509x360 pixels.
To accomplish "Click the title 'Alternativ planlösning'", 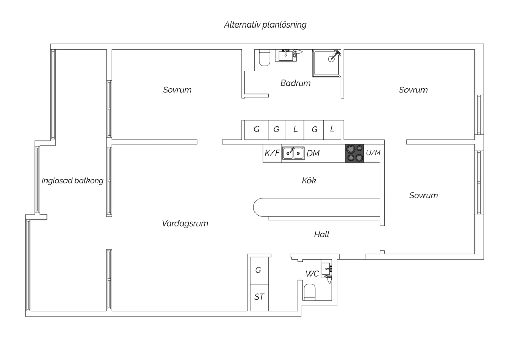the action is tap(265, 25).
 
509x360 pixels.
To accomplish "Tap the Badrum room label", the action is tap(296, 83).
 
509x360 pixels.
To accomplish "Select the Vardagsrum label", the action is tap(185, 223).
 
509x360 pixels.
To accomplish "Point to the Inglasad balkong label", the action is tap(73, 181).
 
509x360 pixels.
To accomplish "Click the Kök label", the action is tap(309, 181).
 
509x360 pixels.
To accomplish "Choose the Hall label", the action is tap(322, 234).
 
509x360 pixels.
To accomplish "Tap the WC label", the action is tap(312, 274).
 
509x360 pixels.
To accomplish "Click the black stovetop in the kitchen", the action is tap(355, 153).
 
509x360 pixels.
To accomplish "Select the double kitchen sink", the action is tap(293, 153).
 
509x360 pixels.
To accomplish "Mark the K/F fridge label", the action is tap(272, 153).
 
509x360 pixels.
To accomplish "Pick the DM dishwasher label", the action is tap(313, 154).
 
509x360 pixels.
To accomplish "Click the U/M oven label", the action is tap(373, 153).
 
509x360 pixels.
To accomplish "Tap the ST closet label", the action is tap(259, 297).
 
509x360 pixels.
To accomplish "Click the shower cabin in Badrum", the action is tap(326, 64).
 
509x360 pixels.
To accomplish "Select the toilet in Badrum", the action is tap(264, 58).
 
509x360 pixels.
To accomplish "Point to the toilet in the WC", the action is tap(309, 292).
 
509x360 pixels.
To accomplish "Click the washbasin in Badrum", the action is tap(286, 55).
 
